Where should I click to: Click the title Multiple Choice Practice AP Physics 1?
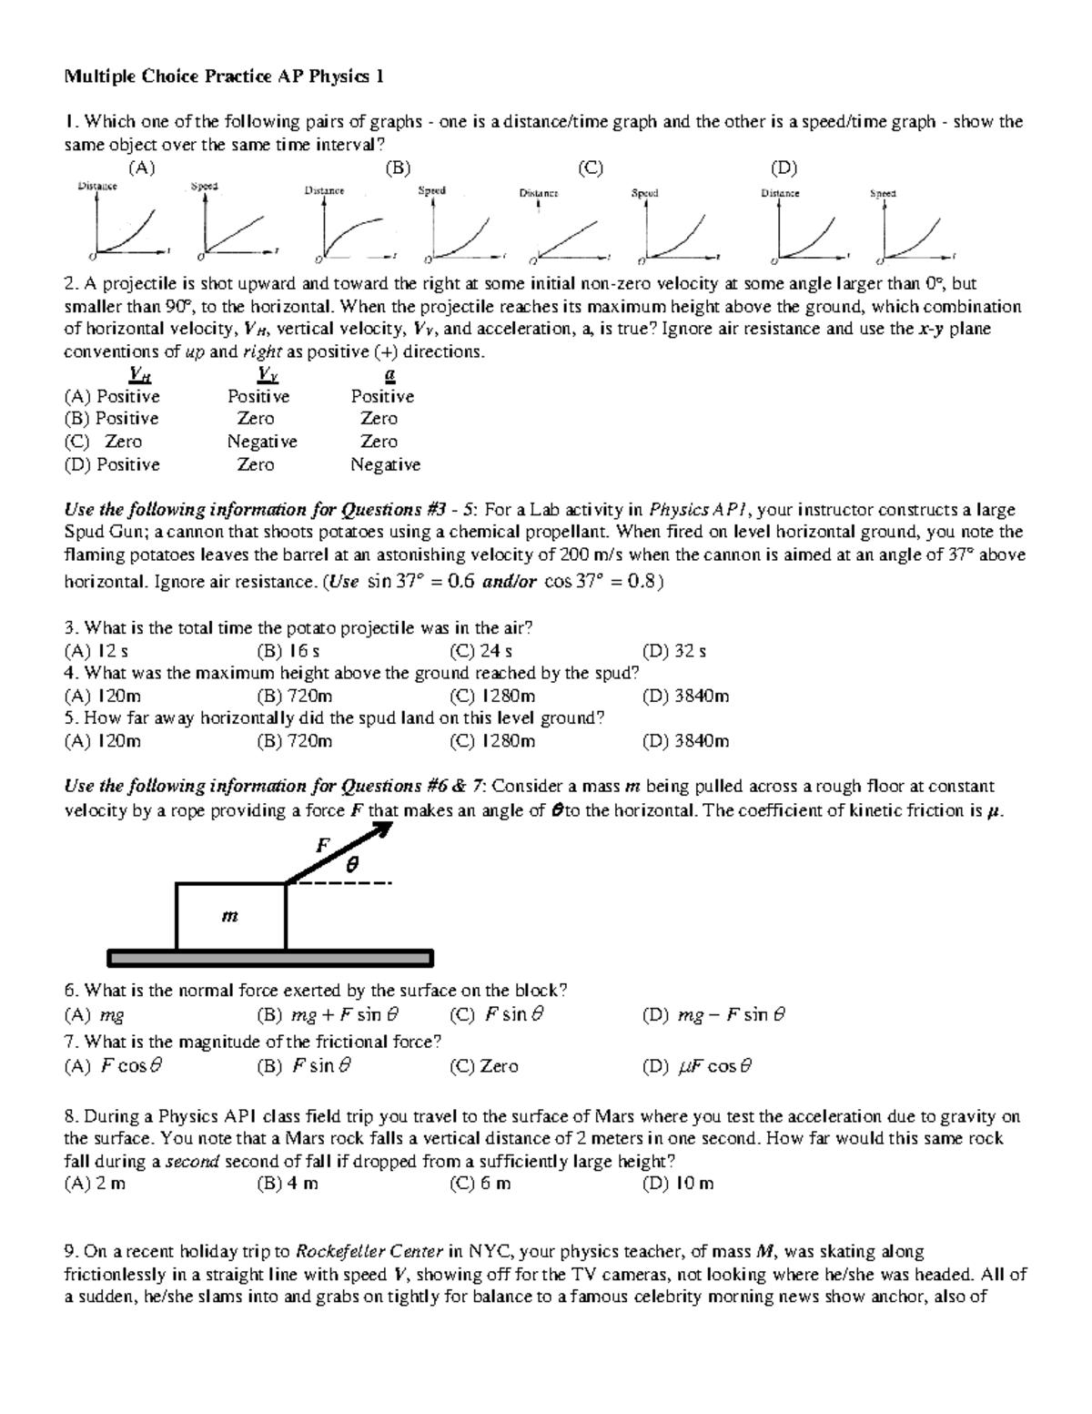[x=223, y=76]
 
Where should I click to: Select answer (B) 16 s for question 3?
[x=288, y=651]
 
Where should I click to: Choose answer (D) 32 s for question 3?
[x=674, y=651]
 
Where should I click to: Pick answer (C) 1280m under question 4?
[x=492, y=697]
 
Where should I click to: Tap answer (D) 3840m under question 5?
[x=686, y=741]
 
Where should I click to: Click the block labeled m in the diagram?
[x=230, y=916]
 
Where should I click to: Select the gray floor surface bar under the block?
[x=270, y=958]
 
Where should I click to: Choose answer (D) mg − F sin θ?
[x=714, y=1014]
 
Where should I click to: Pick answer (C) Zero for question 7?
[x=484, y=1065]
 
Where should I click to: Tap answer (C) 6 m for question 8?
[x=480, y=1184]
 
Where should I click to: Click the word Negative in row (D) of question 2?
[x=386, y=464]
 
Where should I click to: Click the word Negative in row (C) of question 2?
[x=262, y=442]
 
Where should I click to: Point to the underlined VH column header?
[x=139, y=374]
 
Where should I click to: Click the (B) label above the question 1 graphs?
[x=398, y=168]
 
